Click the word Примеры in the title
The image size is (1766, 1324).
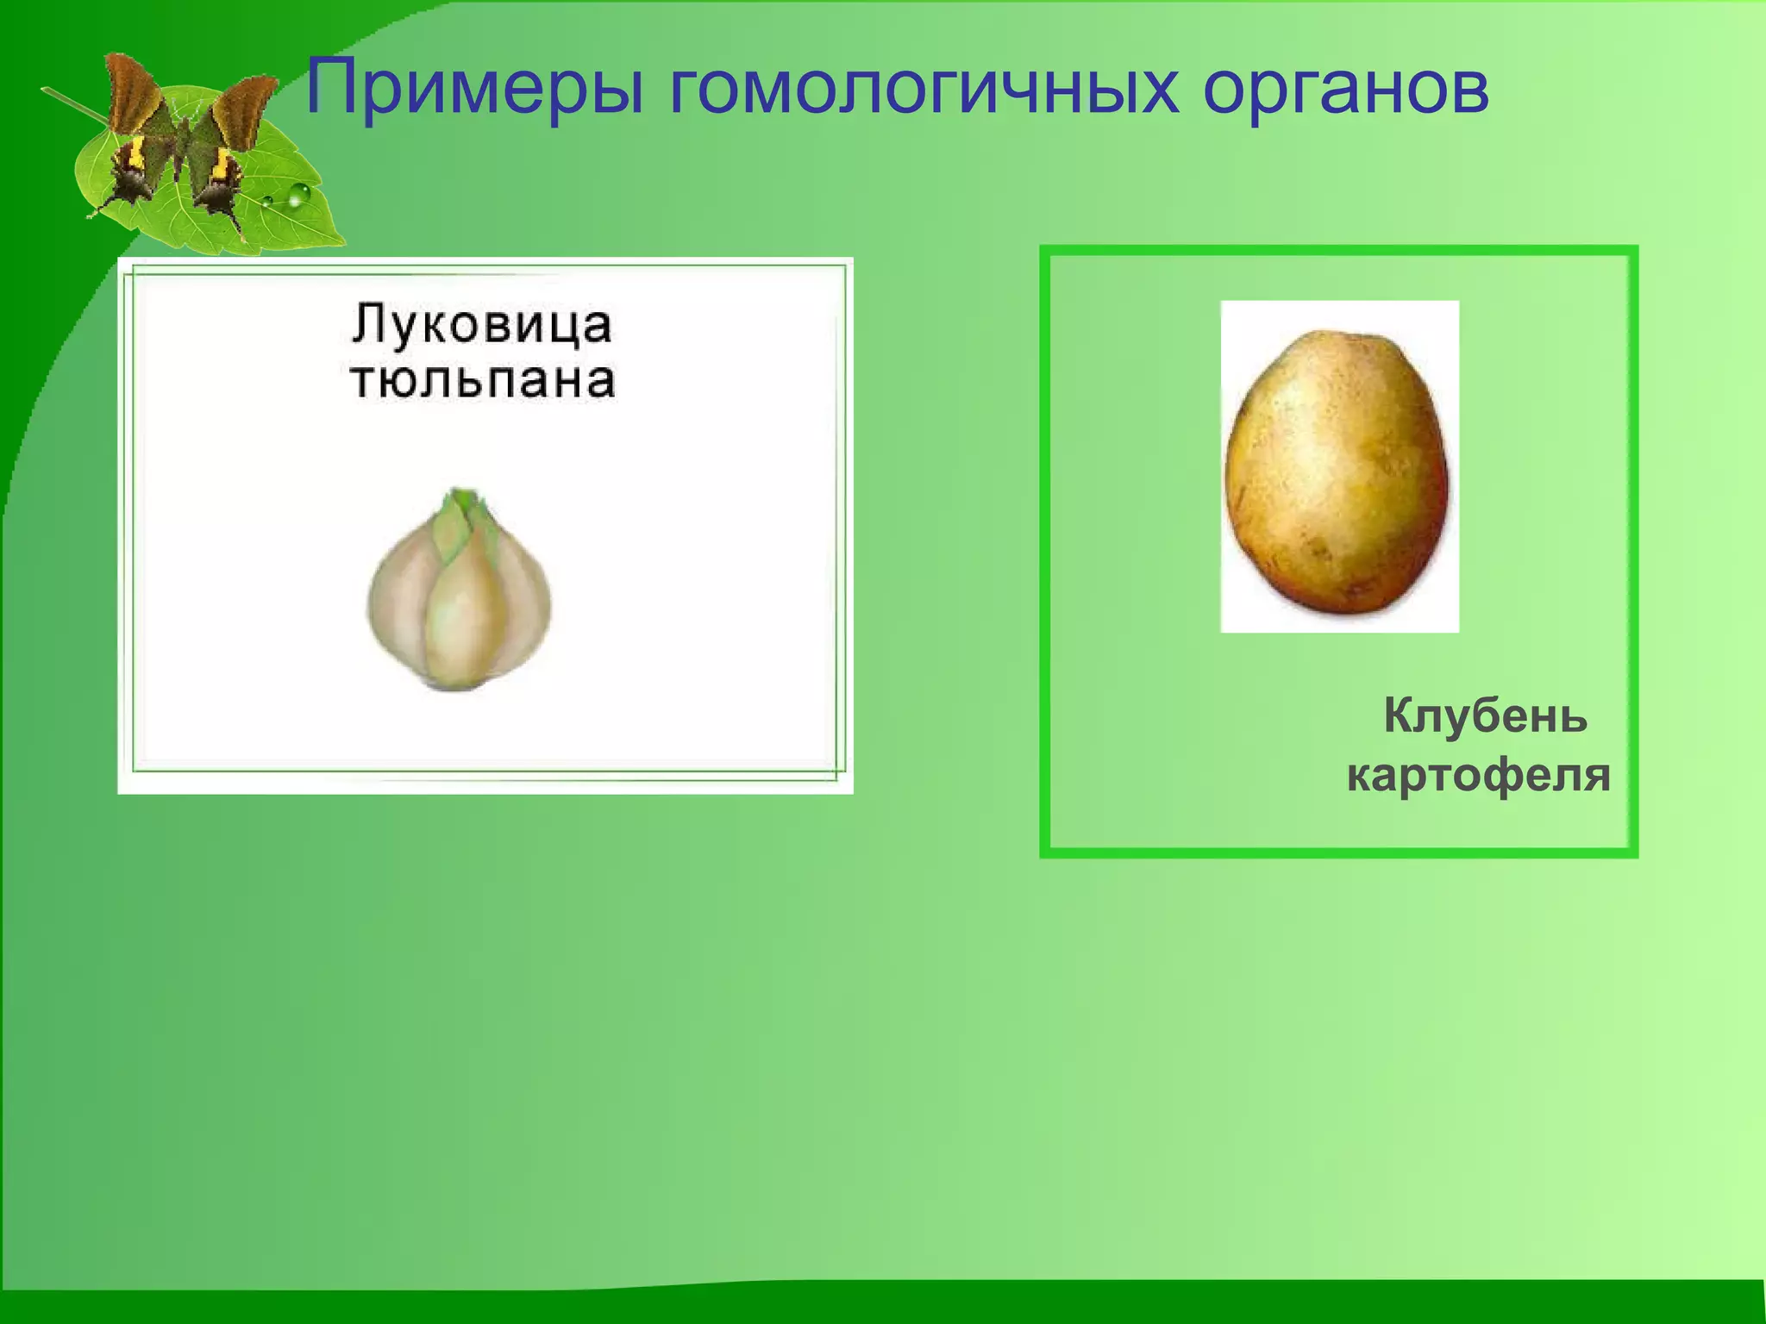pyautogui.click(x=474, y=88)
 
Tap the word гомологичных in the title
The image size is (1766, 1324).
pyautogui.click(x=923, y=88)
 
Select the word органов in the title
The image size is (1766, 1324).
pyautogui.click(x=1345, y=88)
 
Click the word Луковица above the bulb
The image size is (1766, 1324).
pyautogui.click(x=481, y=325)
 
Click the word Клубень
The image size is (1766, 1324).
pyautogui.click(x=1485, y=715)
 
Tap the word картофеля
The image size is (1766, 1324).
pyautogui.click(x=1478, y=774)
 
